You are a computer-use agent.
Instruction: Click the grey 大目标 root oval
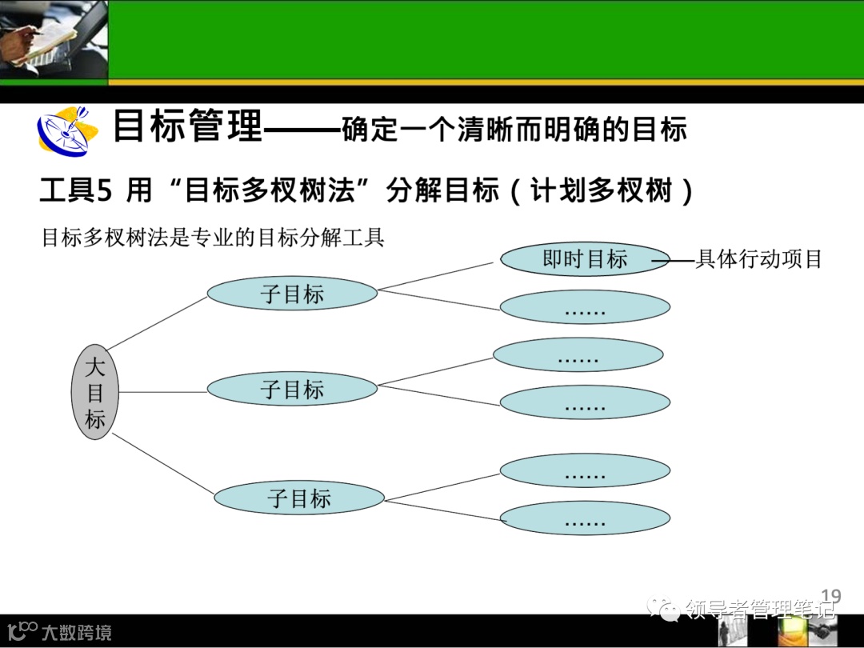[95, 392]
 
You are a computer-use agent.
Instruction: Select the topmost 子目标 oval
[292, 294]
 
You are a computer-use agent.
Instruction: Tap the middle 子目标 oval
[292, 390]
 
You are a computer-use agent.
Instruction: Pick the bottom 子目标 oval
[299, 498]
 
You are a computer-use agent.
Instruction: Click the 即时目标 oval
[585, 259]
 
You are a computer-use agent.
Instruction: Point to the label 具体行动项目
[758, 259]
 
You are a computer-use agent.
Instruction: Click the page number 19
[831, 596]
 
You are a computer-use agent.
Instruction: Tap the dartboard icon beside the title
[63, 130]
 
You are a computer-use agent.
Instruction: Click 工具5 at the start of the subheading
[78, 192]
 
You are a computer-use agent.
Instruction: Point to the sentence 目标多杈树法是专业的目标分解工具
[213, 238]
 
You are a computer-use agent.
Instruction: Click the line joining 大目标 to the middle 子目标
[163, 392]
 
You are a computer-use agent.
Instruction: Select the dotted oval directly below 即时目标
[585, 307]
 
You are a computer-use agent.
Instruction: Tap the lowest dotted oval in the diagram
[585, 519]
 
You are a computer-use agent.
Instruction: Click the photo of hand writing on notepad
[53, 39]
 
